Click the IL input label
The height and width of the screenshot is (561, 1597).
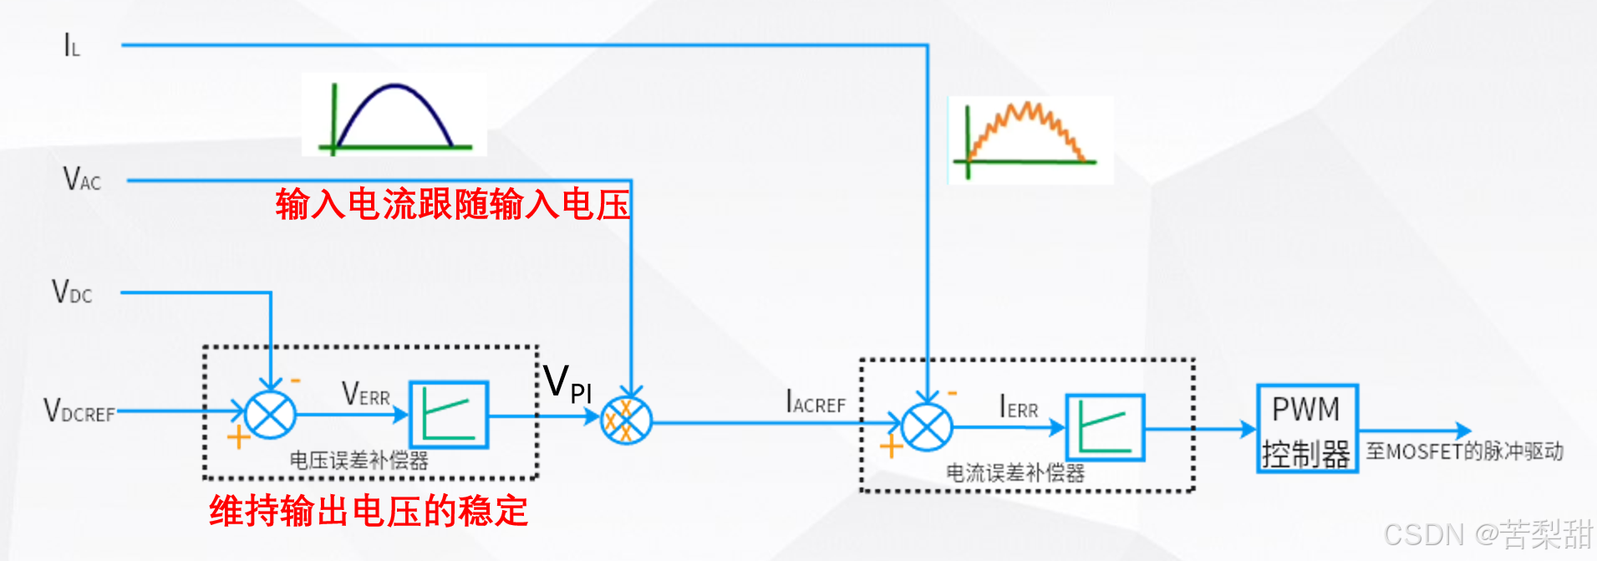click(72, 45)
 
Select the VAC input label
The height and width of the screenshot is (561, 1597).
click(82, 179)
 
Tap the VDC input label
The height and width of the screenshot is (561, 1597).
click(72, 292)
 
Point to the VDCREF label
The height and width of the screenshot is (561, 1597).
click(79, 411)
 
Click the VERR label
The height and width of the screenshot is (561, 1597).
click(366, 394)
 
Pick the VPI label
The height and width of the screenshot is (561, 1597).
click(567, 384)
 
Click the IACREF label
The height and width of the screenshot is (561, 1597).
click(816, 403)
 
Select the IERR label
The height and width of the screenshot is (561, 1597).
click(1019, 408)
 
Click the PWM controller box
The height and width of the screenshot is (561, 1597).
click(1307, 429)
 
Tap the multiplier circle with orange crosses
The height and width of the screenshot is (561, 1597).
click(627, 421)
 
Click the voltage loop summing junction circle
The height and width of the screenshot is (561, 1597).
click(271, 414)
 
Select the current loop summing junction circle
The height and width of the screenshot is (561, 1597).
click(927, 427)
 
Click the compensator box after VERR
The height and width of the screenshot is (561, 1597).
click(449, 415)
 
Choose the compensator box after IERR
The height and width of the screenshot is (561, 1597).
click(1106, 427)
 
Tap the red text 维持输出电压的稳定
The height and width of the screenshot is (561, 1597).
click(369, 511)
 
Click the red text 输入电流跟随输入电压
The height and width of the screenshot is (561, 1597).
click(452, 204)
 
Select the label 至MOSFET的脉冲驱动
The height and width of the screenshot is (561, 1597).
click(1464, 451)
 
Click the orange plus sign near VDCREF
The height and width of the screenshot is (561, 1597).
click(238, 436)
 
